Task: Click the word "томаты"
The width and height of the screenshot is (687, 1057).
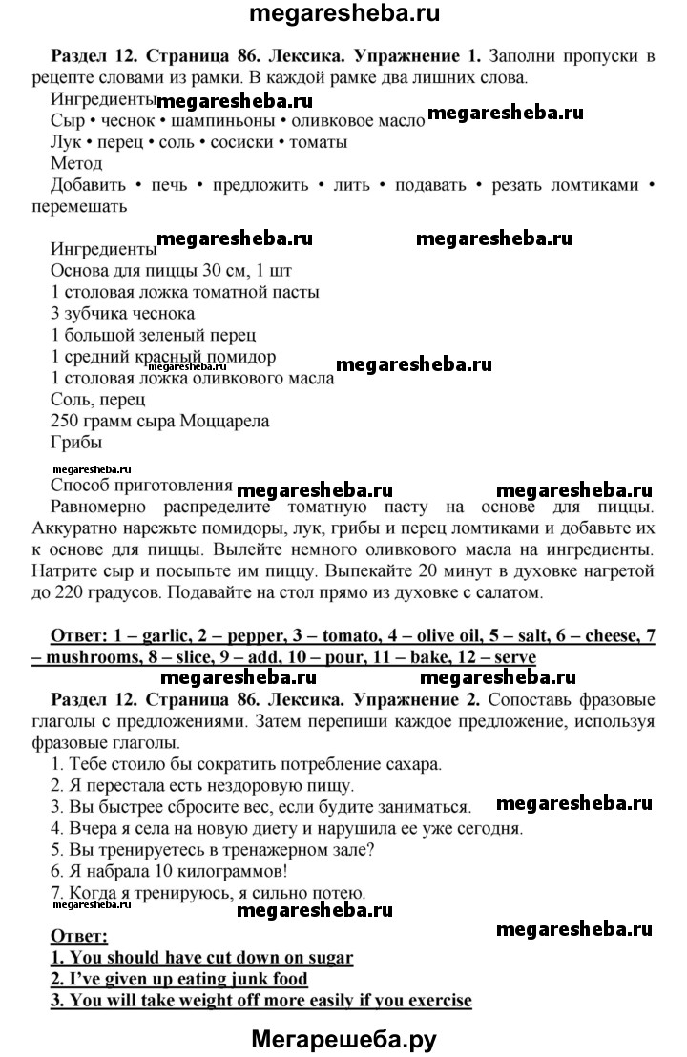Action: tap(317, 142)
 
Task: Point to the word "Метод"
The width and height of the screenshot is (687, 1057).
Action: tap(75, 163)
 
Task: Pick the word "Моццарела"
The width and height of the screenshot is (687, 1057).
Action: tap(230, 420)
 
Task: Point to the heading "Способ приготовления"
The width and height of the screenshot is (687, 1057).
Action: tap(141, 485)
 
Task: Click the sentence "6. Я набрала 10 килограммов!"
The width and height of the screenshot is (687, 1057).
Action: tap(180, 871)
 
